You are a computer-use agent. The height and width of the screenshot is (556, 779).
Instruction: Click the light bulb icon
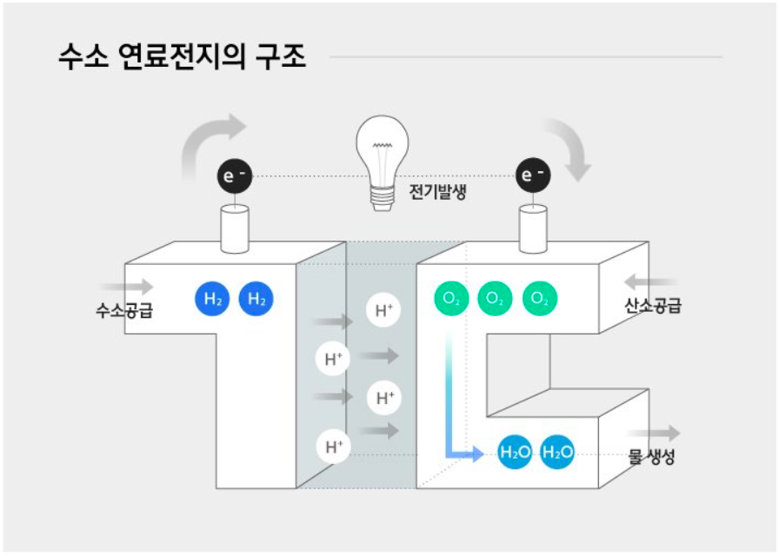(x=382, y=162)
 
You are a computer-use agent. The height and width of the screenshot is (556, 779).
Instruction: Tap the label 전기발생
(x=438, y=190)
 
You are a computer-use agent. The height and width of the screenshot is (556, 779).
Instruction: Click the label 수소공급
(x=124, y=309)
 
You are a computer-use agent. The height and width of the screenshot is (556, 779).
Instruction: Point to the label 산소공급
(x=653, y=305)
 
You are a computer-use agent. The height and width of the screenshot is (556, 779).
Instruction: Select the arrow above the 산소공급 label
(x=651, y=281)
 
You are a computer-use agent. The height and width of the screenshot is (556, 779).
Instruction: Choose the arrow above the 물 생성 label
(x=663, y=434)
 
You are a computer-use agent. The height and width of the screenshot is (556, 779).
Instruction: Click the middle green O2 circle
(x=495, y=299)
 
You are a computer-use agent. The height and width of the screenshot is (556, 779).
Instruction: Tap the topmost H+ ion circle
(x=383, y=310)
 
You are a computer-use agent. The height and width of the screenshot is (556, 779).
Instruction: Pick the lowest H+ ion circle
(x=333, y=447)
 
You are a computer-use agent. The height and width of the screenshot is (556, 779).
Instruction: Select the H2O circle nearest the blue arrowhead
(x=516, y=452)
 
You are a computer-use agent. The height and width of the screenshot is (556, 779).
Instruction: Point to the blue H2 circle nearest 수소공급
(x=212, y=299)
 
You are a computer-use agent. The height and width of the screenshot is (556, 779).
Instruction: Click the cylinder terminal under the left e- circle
(x=234, y=228)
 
